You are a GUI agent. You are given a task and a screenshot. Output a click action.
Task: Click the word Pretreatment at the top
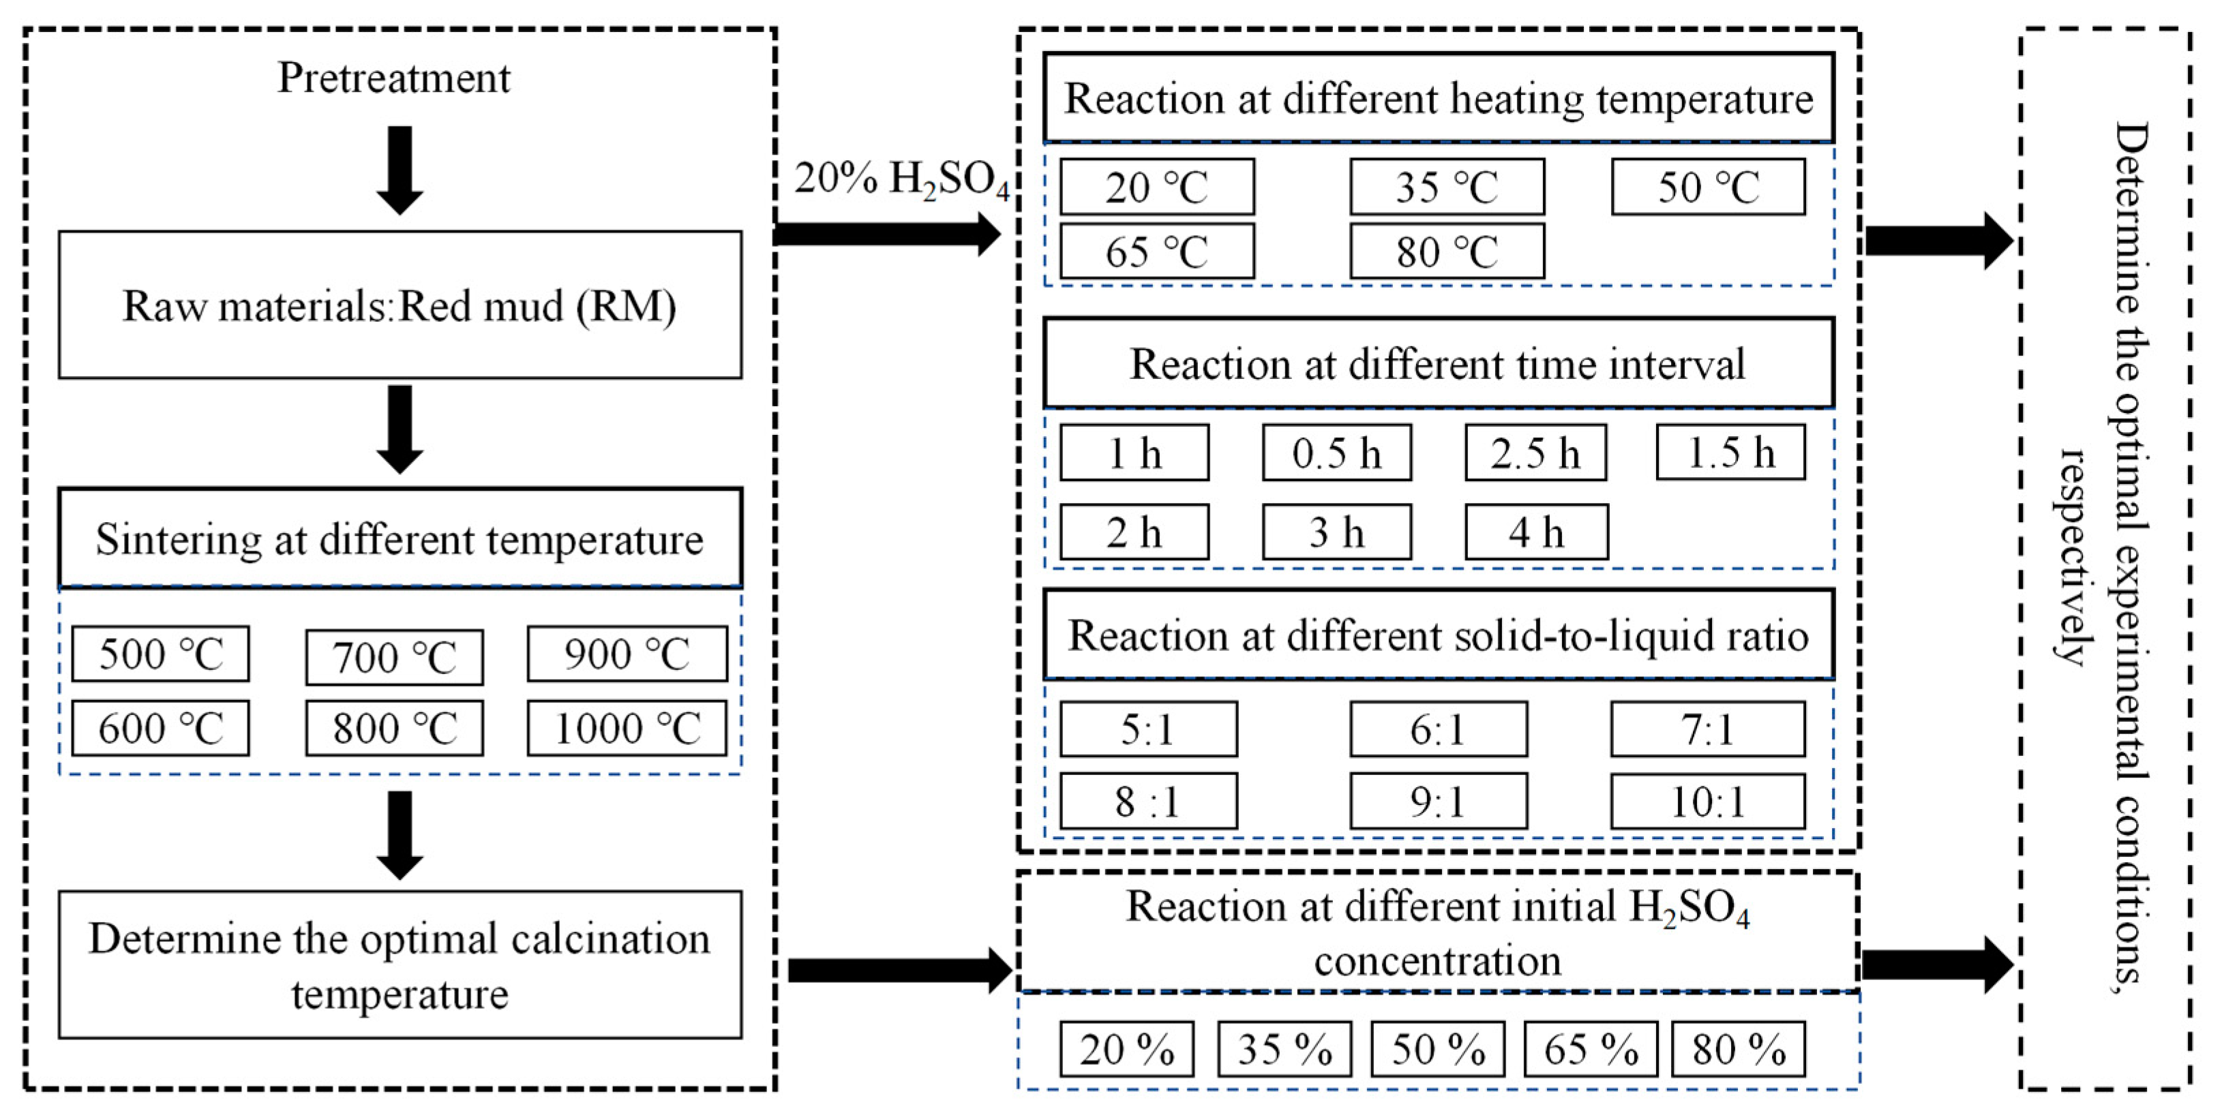pos(393,78)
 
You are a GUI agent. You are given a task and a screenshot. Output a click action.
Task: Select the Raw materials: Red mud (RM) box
pos(400,305)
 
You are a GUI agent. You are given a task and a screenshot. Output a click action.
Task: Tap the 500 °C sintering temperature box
pos(160,654)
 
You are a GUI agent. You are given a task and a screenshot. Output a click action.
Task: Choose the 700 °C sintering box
pos(394,657)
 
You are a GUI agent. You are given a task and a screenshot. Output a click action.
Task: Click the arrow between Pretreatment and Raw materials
pos(400,170)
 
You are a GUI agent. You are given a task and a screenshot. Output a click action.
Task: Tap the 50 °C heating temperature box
pos(1708,186)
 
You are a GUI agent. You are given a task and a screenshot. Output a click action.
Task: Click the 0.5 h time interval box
pos(1336,453)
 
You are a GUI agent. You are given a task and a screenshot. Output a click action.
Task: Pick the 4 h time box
pos(1535,532)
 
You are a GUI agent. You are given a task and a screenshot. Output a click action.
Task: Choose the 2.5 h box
pos(1535,453)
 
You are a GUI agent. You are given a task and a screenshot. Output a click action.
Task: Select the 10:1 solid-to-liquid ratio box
pos(1707,802)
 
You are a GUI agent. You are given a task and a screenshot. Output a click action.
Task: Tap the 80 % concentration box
pos(1738,1049)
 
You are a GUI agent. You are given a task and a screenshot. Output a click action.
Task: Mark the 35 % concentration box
pos(1285,1049)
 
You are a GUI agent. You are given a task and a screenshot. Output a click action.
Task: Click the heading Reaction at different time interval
pos(1438,363)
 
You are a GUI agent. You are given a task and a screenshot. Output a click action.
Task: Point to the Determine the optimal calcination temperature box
pos(400,964)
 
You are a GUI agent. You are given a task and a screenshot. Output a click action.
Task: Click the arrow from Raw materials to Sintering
pos(400,429)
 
